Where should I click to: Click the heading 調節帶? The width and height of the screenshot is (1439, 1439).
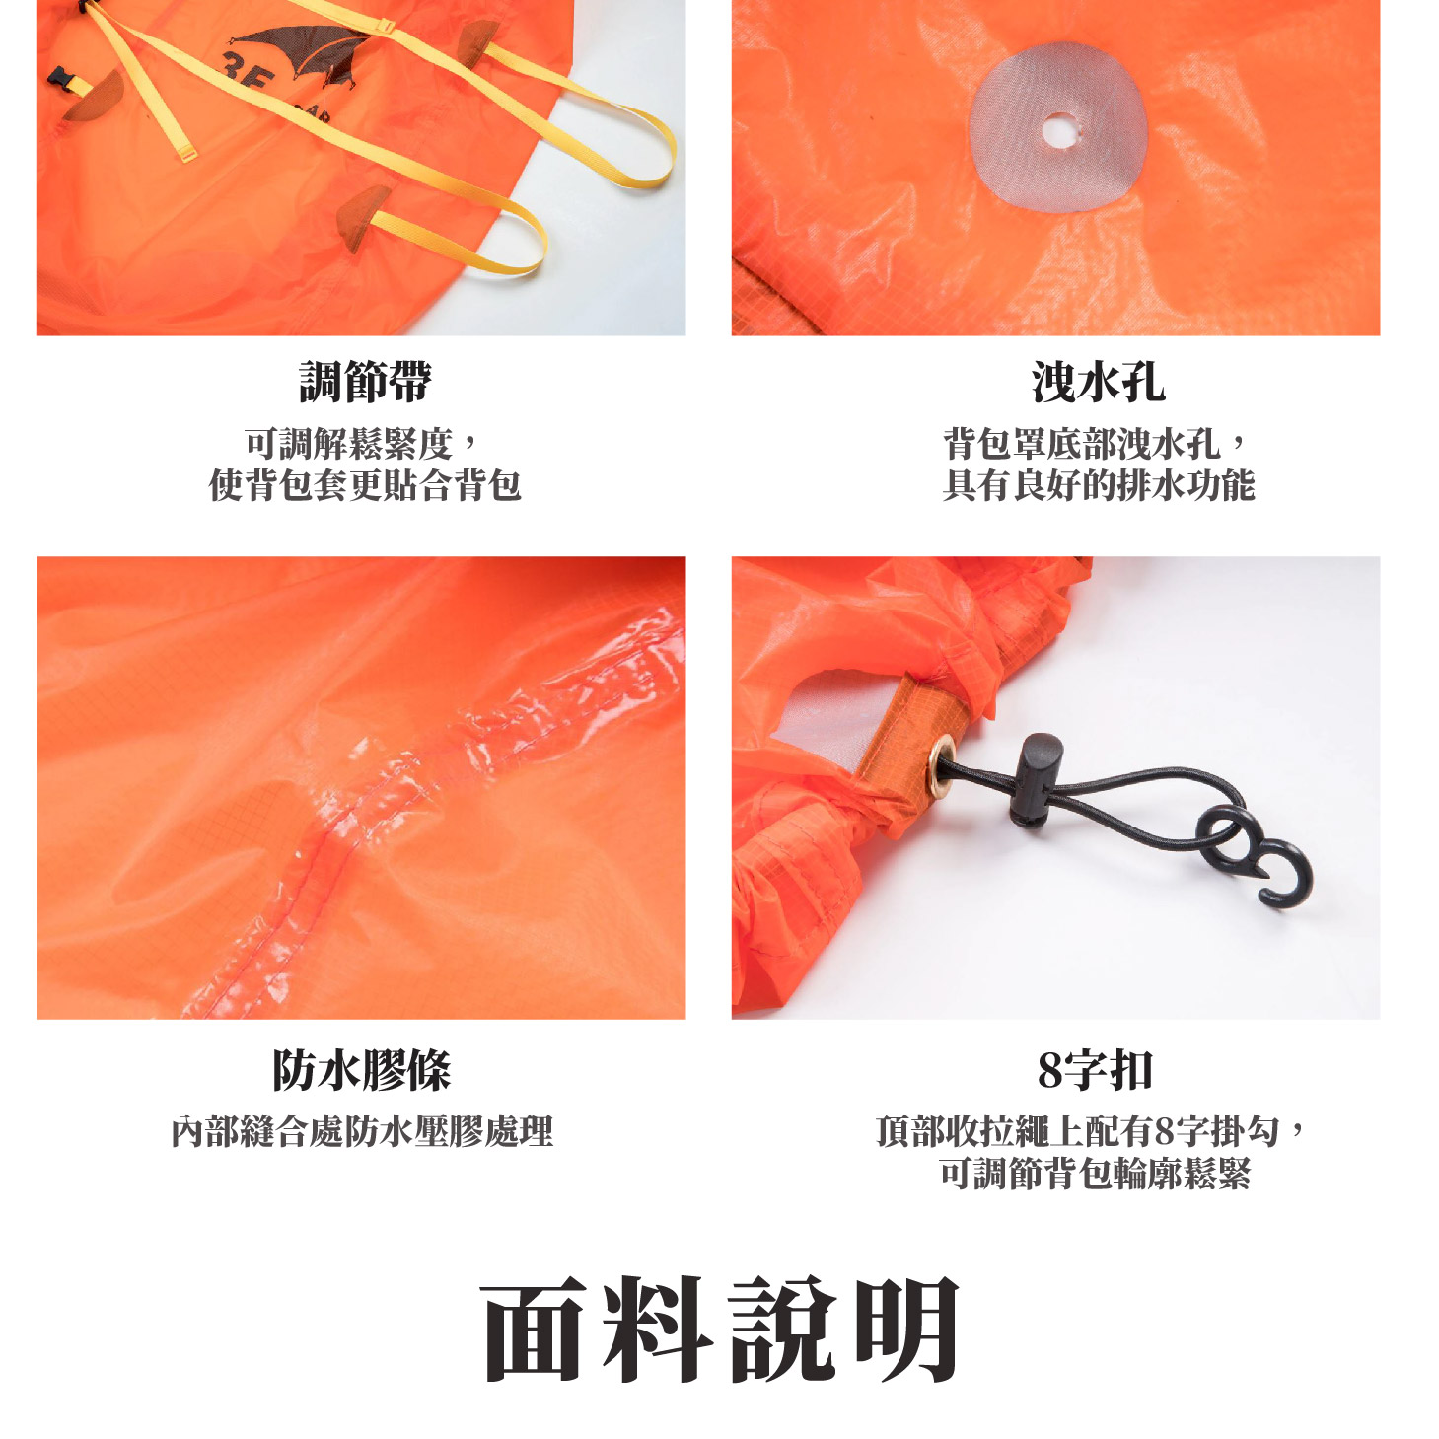(x=365, y=382)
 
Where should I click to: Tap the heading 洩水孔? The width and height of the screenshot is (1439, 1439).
(x=1098, y=382)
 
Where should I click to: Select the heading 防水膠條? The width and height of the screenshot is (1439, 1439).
(x=361, y=1070)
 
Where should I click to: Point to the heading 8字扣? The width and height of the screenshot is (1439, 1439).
(x=1095, y=1070)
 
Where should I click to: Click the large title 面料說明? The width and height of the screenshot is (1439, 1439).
(x=720, y=1329)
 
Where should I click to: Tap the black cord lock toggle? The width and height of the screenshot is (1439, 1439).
(x=1035, y=777)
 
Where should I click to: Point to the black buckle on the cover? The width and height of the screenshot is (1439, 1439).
(x=62, y=80)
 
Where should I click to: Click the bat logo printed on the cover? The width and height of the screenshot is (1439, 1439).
(x=301, y=49)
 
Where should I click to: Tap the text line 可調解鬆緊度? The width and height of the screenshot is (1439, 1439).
(x=350, y=444)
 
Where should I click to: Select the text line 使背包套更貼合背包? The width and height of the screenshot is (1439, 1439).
(x=365, y=485)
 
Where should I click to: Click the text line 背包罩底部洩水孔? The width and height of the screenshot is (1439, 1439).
(x=1082, y=444)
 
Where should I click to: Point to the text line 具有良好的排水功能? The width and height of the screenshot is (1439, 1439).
(x=1098, y=485)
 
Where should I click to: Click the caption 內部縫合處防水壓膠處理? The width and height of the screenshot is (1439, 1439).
(x=362, y=1131)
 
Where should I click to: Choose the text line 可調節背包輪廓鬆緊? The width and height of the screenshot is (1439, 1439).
(x=1095, y=1174)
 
